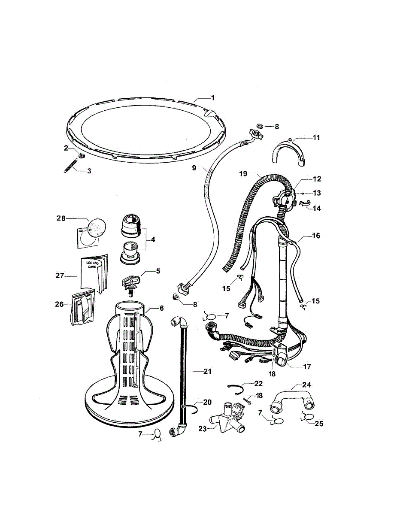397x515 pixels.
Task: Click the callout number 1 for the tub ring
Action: coord(212,97)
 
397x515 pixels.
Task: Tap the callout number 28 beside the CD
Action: coord(61,218)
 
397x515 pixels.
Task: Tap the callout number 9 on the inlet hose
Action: coord(194,168)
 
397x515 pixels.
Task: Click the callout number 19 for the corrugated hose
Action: coord(243,174)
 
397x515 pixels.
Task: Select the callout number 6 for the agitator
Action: coord(161,308)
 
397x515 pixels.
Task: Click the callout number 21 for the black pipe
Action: coord(207,371)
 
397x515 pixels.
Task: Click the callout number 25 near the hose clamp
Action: coord(319,424)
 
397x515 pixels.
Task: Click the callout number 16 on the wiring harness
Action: coord(316,236)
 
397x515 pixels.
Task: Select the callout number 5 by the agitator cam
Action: coord(158,271)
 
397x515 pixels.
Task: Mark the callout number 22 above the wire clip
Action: coord(258,383)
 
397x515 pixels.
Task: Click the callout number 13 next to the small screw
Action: coord(318,193)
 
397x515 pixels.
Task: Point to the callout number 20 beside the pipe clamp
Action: coord(207,402)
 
